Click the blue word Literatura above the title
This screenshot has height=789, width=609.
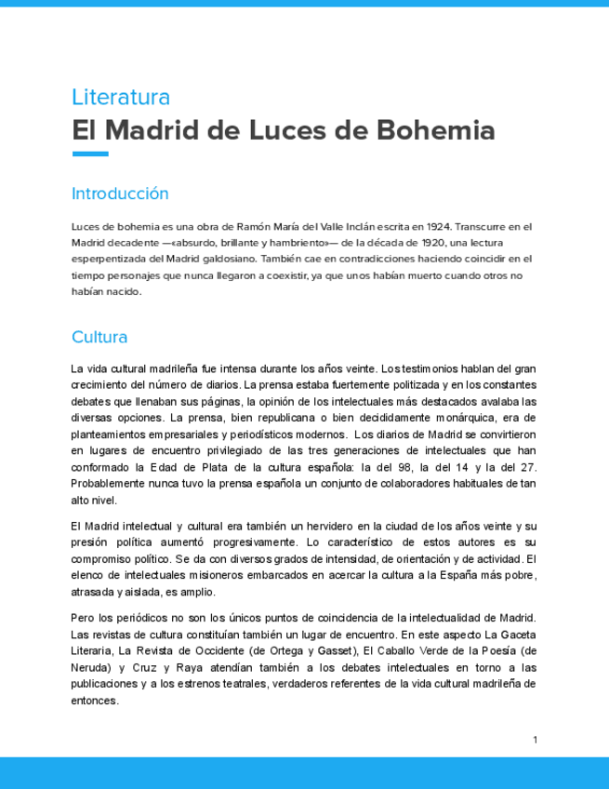click(x=121, y=97)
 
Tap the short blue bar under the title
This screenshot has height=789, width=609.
click(x=90, y=154)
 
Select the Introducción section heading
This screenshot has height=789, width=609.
click(x=120, y=194)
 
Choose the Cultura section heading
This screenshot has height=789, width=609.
click(x=99, y=337)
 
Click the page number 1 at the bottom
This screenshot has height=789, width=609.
click(x=535, y=740)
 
